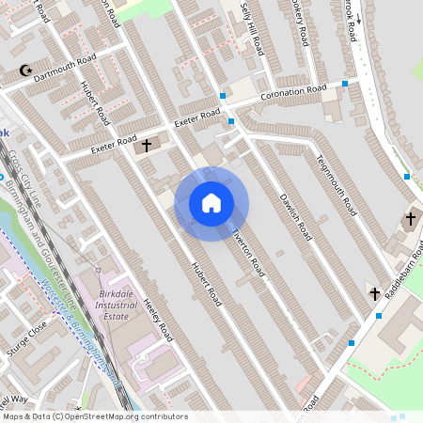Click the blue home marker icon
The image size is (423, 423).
211,203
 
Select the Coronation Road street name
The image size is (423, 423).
292,95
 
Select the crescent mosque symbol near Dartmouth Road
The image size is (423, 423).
25,70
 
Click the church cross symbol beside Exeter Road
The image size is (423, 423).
146,146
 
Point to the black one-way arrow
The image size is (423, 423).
358,44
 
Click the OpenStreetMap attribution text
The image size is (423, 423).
94,416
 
